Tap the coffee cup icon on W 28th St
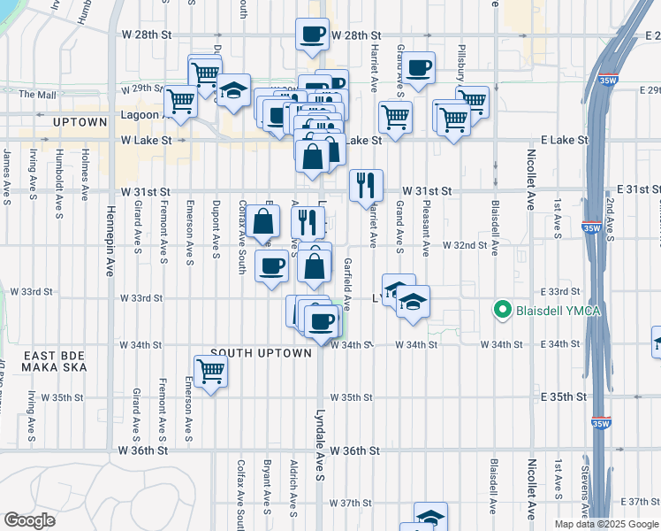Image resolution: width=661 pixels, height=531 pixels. point(312,35)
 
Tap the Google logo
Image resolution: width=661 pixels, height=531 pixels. point(30,520)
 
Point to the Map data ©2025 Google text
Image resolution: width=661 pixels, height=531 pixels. point(606,524)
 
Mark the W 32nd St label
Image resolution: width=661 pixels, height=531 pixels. point(465,244)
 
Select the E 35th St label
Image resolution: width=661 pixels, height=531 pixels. point(564,397)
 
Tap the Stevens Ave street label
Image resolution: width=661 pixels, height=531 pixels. point(585,487)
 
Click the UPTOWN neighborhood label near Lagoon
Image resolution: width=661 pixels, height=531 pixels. point(80,121)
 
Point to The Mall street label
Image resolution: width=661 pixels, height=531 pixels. point(38,94)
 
